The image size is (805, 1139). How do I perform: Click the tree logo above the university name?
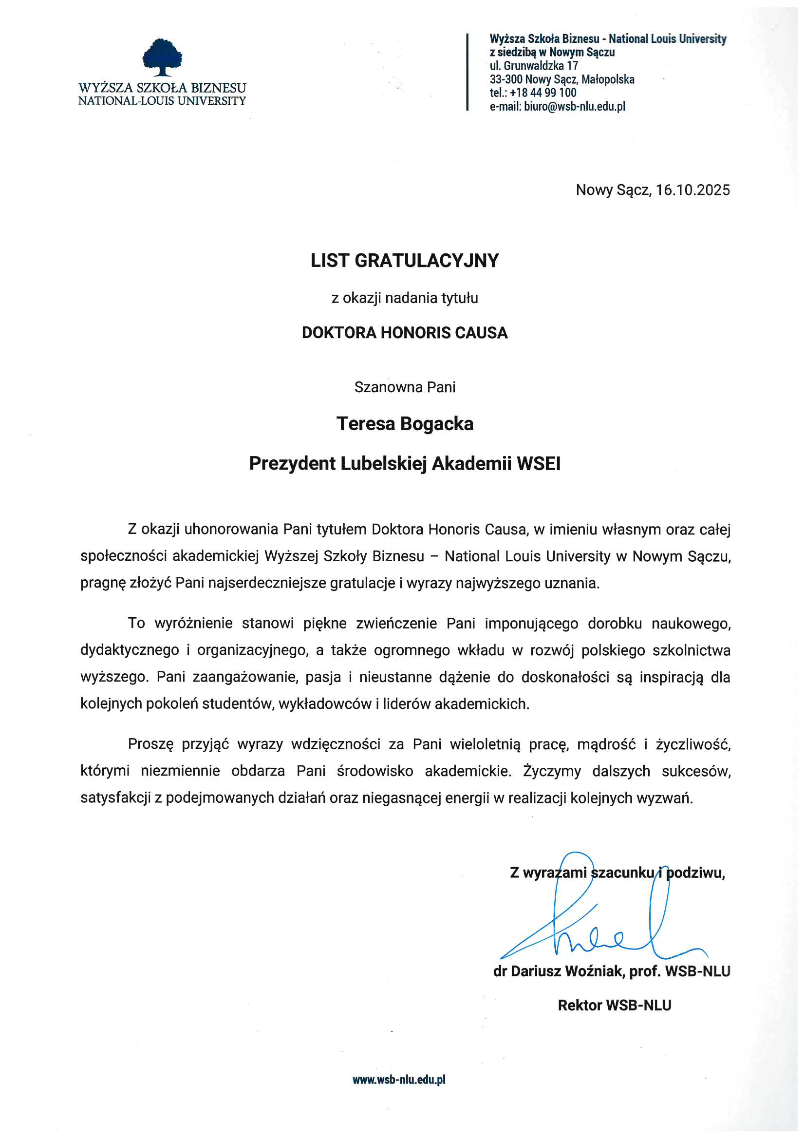(162, 57)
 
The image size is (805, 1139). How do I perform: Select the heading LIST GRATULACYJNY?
(404, 261)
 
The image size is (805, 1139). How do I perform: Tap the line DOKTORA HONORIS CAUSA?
(404, 332)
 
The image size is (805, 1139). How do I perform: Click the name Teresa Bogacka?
(404, 424)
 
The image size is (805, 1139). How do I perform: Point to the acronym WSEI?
(538, 464)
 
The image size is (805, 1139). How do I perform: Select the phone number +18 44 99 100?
(543, 93)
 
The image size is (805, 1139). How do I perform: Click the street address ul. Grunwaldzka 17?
(534, 65)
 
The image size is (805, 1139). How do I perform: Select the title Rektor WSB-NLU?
(614, 1005)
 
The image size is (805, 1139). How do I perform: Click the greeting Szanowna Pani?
(404, 387)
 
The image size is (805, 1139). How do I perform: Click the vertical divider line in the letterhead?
(467, 72)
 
